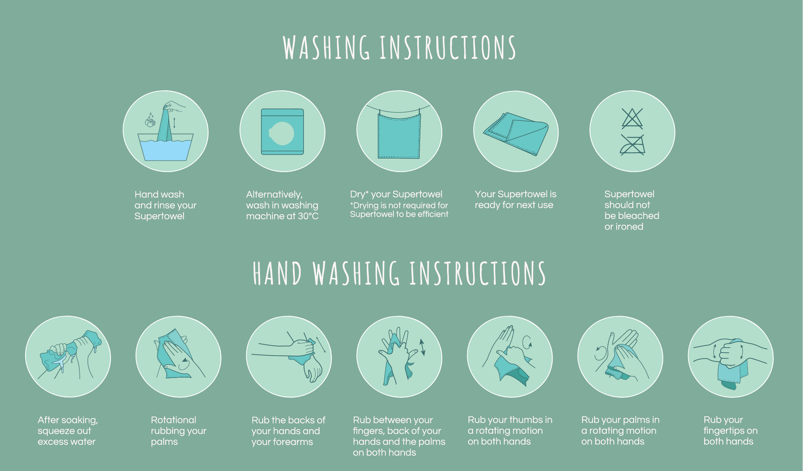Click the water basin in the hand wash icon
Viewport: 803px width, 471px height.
(x=166, y=147)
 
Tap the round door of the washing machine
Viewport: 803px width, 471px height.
(x=282, y=133)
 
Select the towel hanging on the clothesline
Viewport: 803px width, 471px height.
(x=398, y=135)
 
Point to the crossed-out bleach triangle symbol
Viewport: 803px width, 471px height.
(x=632, y=118)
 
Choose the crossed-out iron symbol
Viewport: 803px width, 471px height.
(x=632, y=144)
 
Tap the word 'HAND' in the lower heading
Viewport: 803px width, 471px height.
(x=277, y=274)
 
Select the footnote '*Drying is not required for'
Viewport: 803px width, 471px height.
(x=399, y=205)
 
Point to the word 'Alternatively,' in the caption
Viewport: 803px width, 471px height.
(x=274, y=195)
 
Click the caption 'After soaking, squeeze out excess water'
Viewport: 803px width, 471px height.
(x=68, y=430)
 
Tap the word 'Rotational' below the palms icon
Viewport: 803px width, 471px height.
(x=174, y=420)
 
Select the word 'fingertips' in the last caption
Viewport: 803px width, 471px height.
(x=725, y=431)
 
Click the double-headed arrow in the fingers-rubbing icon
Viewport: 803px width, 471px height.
(x=423, y=348)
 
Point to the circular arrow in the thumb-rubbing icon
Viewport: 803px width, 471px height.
(x=527, y=343)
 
